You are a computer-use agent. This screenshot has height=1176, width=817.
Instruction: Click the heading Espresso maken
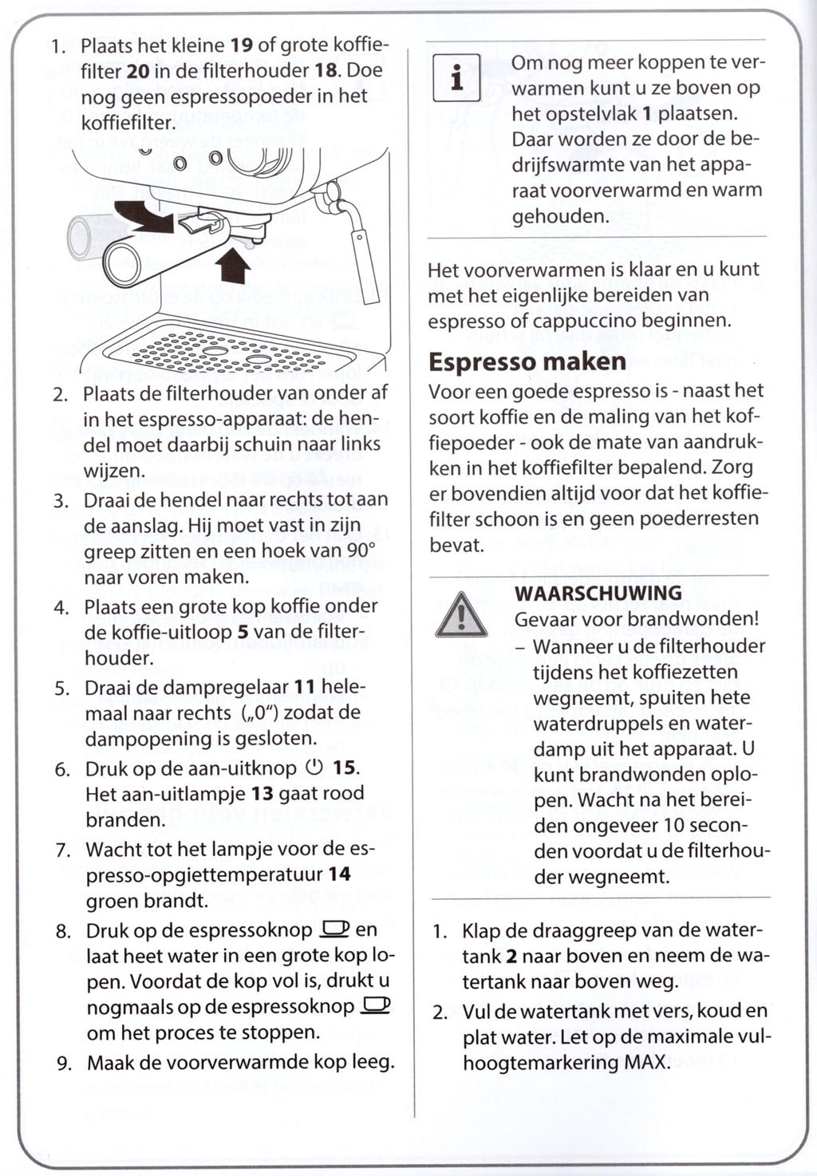click(527, 361)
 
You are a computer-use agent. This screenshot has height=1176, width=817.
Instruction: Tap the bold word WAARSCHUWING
click(598, 593)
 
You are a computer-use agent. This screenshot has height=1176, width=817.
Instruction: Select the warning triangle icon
click(461, 616)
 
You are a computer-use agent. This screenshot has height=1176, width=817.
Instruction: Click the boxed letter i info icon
click(456, 77)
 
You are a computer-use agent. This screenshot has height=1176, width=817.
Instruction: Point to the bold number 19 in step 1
click(242, 45)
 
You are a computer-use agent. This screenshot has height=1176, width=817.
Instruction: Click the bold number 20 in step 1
click(138, 71)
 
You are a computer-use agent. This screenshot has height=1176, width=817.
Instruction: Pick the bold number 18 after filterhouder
click(326, 70)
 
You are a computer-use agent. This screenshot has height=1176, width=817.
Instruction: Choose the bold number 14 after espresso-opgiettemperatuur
click(339, 874)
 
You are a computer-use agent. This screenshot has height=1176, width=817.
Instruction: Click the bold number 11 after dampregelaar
click(305, 687)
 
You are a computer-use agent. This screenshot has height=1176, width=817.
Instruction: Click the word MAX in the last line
click(645, 1063)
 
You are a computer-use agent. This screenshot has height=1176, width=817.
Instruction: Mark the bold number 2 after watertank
click(511, 956)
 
